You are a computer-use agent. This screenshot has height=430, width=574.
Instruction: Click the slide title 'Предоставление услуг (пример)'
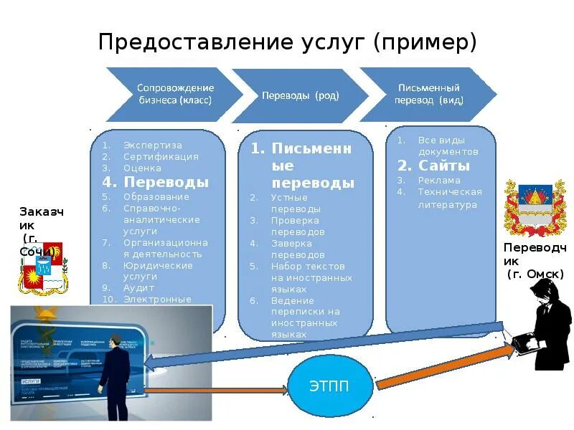click(x=287, y=41)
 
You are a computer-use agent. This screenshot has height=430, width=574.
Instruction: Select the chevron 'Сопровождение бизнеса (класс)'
click(x=175, y=94)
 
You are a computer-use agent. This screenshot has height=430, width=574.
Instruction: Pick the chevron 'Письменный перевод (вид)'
click(x=429, y=94)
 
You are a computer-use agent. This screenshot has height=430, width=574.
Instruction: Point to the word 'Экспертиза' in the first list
click(x=152, y=145)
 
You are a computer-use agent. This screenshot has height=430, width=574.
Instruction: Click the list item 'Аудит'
click(x=138, y=287)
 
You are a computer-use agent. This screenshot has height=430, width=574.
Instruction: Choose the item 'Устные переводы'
click(x=290, y=203)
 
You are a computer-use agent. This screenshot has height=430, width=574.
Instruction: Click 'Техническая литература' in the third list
click(x=450, y=198)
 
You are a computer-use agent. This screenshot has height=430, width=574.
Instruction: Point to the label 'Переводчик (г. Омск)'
click(x=535, y=260)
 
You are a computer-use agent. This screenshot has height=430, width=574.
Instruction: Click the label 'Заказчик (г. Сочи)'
click(x=39, y=231)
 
